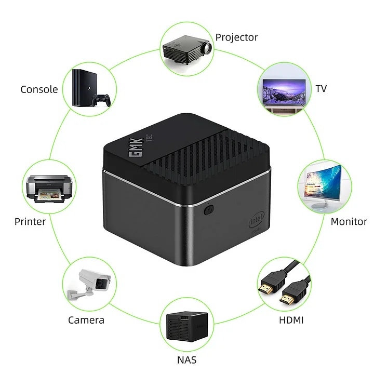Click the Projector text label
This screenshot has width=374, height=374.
(x=236, y=37)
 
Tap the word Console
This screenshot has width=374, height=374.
(x=39, y=89)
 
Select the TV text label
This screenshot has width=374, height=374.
(x=321, y=88)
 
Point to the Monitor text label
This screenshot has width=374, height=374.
(x=349, y=222)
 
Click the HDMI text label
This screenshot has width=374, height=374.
(x=291, y=320)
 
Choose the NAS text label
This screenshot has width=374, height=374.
(x=186, y=359)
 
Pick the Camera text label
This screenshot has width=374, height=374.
(x=86, y=320)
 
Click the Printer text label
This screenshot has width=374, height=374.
(x=30, y=222)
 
